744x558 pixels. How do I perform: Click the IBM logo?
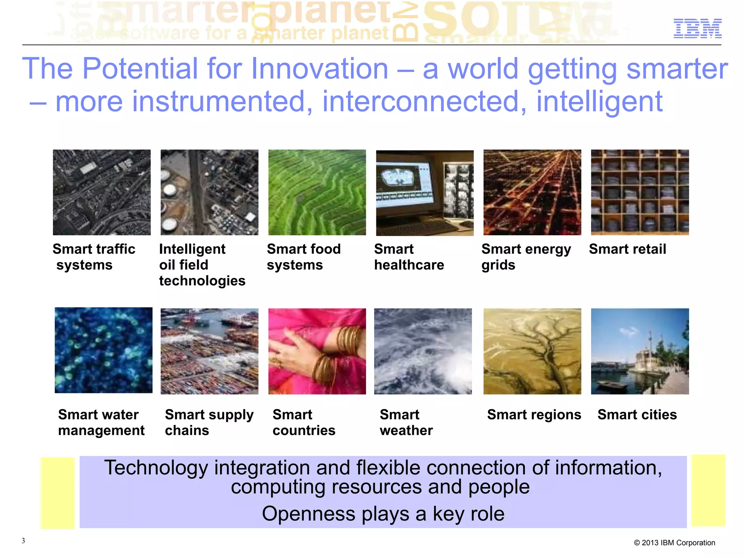[x=697, y=28]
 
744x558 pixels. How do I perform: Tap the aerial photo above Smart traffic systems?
[x=102, y=192]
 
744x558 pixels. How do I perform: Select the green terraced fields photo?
[x=317, y=192]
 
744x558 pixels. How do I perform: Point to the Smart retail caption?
[x=627, y=249]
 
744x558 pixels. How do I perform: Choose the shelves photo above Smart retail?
[x=640, y=192]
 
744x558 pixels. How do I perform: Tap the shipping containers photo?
[x=209, y=351]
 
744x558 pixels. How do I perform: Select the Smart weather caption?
[x=406, y=422]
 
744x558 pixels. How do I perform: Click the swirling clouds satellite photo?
[x=423, y=351]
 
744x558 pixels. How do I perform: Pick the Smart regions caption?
[x=534, y=414]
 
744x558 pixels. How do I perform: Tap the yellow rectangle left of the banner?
[x=57, y=493]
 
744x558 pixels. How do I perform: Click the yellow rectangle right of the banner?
[x=708, y=490]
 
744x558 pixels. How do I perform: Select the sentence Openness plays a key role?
[x=383, y=514]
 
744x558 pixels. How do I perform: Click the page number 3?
[x=23, y=541]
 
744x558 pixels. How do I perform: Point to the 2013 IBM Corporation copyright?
[x=674, y=543]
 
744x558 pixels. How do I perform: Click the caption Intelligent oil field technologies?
[x=202, y=265]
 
